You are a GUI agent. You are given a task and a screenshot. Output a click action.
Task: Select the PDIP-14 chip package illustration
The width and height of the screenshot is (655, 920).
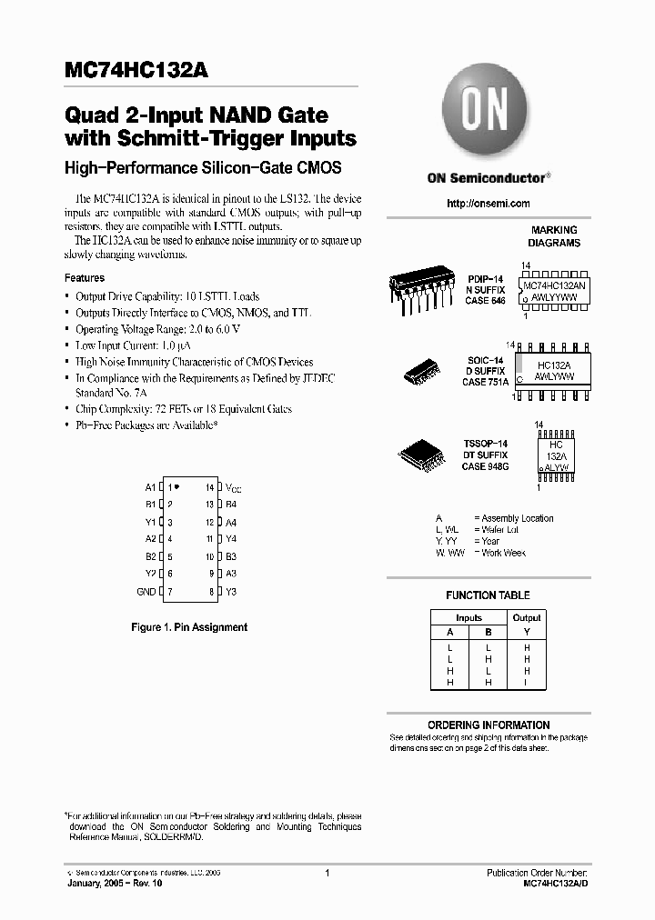[423, 290]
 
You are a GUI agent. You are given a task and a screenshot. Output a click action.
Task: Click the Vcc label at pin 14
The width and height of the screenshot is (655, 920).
[233, 488]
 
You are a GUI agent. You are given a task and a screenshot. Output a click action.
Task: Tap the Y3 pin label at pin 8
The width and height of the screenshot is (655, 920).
[231, 592]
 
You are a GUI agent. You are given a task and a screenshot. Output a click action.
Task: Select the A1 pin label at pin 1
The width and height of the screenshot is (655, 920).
[150, 487]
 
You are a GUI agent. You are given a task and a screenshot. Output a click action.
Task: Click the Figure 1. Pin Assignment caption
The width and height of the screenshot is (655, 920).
[189, 627]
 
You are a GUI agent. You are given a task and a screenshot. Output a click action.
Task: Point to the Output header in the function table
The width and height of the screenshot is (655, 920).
[527, 617]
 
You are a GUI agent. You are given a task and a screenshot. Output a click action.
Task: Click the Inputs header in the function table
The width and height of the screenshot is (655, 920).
[469, 617]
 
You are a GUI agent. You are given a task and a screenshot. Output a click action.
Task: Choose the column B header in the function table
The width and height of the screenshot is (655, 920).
[489, 632]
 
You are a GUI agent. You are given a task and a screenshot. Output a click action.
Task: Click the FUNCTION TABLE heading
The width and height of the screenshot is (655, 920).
[489, 595]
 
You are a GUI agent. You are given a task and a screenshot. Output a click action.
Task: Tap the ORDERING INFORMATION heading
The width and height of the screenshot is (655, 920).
[489, 725]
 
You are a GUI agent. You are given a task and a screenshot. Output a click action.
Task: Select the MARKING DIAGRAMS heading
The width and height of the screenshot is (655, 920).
[554, 237]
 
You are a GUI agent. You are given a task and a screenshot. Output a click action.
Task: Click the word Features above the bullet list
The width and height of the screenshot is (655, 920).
[85, 278]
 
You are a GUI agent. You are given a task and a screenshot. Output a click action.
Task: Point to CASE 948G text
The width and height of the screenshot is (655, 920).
[485, 466]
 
